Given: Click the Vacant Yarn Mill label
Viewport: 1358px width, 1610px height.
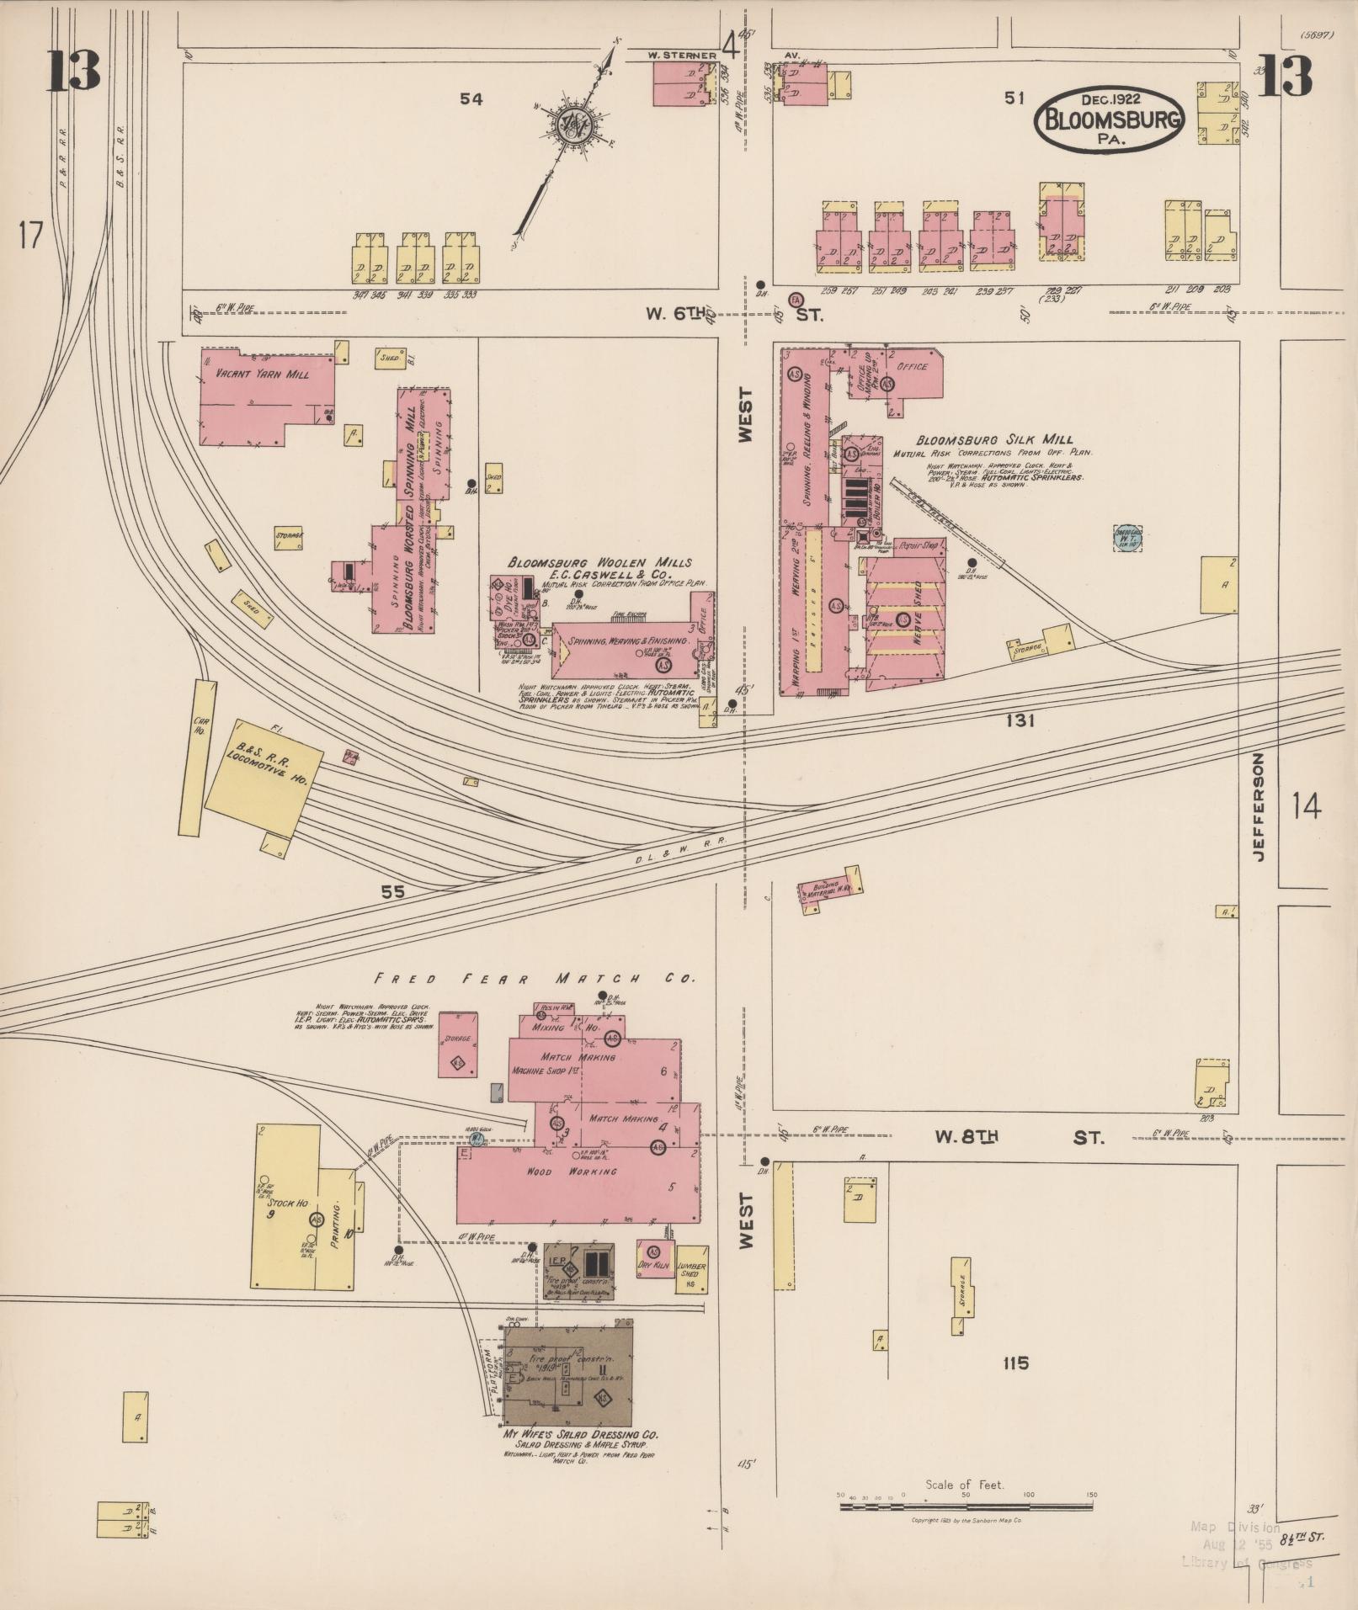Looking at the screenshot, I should [250, 375].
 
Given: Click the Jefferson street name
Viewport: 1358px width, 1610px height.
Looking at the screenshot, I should [1259, 807].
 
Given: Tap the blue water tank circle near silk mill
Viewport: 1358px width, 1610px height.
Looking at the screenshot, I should [1127, 538].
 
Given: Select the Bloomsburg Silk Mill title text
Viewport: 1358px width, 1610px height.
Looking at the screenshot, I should [994, 439].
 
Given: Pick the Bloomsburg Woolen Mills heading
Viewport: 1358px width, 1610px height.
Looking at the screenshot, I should [599, 562].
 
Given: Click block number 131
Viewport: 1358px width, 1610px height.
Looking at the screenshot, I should [1019, 720].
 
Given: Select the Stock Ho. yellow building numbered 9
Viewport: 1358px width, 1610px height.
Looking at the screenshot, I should [285, 1205].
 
